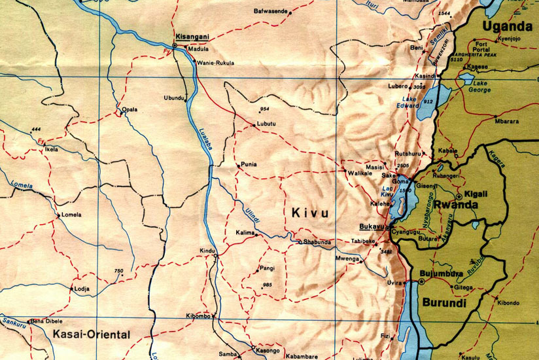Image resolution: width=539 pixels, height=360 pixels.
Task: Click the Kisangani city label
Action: [x=192, y=37]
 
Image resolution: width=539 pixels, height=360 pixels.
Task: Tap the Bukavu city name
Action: [x=373, y=227]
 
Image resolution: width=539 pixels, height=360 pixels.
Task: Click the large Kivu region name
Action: [x=308, y=213]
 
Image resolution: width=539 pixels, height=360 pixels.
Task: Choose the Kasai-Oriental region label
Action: [x=90, y=334]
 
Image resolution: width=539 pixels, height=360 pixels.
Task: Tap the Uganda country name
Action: [x=507, y=27]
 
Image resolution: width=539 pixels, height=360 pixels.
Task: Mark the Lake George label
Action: [x=481, y=86]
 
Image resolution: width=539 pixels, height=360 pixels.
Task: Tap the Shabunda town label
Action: [x=317, y=242]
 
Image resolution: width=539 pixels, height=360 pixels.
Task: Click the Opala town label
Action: [x=130, y=109]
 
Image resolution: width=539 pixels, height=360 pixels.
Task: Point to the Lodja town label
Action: [x=82, y=288]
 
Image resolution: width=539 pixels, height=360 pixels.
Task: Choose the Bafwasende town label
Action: [x=271, y=11]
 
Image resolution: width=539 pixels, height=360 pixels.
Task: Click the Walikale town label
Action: [x=359, y=173]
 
